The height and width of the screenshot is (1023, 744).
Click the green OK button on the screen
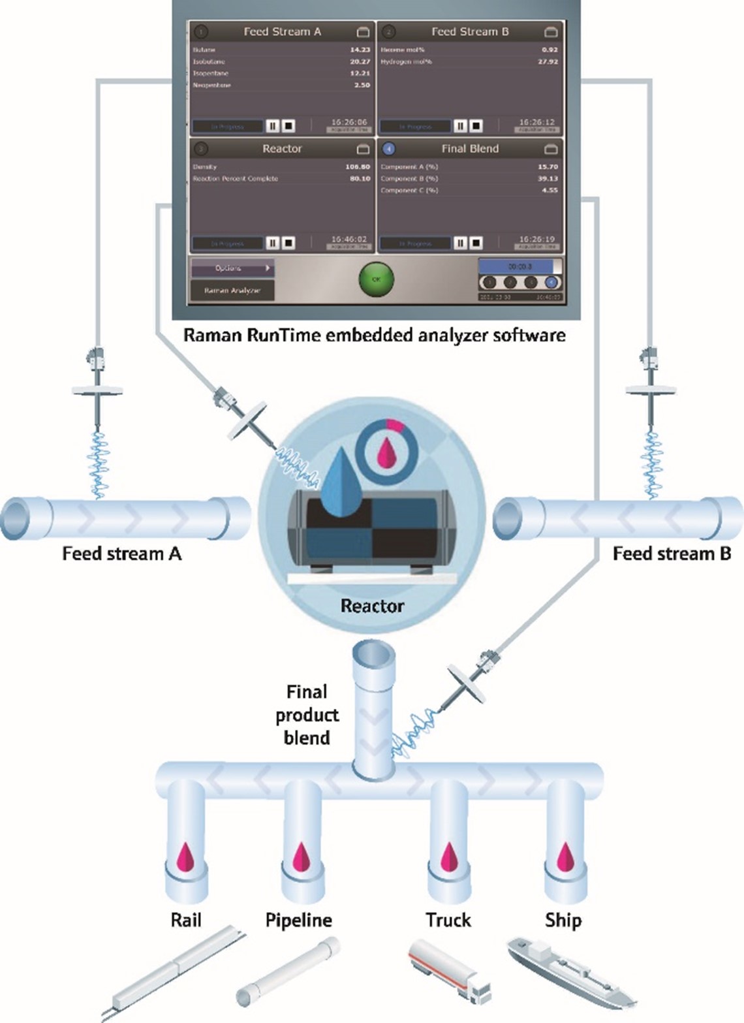pyautogui.click(x=376, y=279)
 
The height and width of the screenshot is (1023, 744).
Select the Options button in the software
pyautogui.click(x=232, y=268)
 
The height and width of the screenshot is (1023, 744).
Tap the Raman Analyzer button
pyautogui.click(x=232, y=291)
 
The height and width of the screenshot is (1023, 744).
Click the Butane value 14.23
pyautogui.click(x=360, y=50)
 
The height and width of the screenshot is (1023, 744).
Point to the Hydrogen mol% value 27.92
pyautogui.click(x=548, y=61)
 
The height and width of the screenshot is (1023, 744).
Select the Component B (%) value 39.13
pyautogui.click(x=548, y=178)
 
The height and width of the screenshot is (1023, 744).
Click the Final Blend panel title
pyautogui.click(x=469, y=149)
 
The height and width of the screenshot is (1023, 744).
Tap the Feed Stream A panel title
pyautogui.click(x=282, y=31)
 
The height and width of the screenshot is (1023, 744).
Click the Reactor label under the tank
pyautogui.click(x=372, y=606)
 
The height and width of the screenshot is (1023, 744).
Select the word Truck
pyautogui.click(x=448, y=920)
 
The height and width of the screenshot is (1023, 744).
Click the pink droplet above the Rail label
pyautogui.click(x=185, y=857)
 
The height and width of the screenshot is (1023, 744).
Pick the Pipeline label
pyautogui.click(x=299, y=920)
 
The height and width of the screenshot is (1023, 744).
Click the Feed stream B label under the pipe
pyautogui.click(x=672, y=554)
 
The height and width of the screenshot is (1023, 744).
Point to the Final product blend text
pyautogui.click(x=306, y=714)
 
